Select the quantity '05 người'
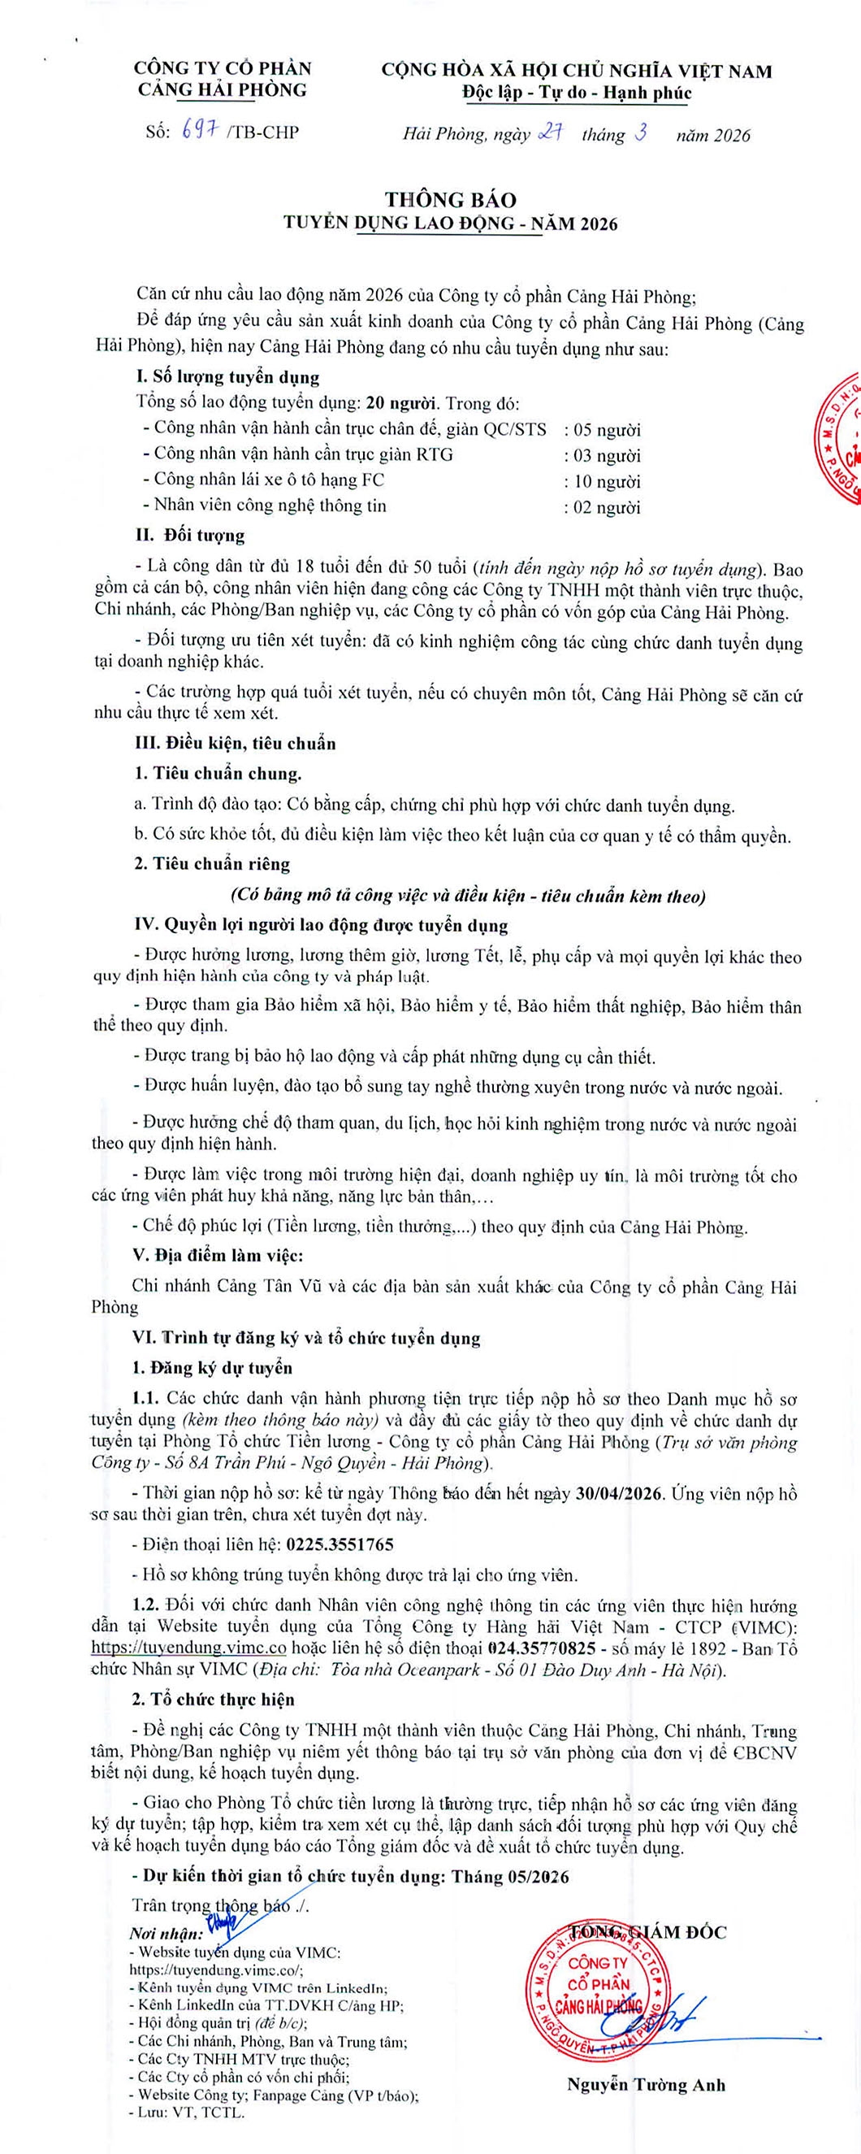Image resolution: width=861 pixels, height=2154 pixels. click(602, 430)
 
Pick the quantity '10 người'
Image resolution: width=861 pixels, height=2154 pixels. click(602, 482)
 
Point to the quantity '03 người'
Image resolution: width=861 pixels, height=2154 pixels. click(602, 456)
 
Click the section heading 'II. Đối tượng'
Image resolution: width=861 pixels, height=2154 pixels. click(191, 535)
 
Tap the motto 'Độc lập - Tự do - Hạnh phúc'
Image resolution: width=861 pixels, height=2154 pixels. click(577, 93)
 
